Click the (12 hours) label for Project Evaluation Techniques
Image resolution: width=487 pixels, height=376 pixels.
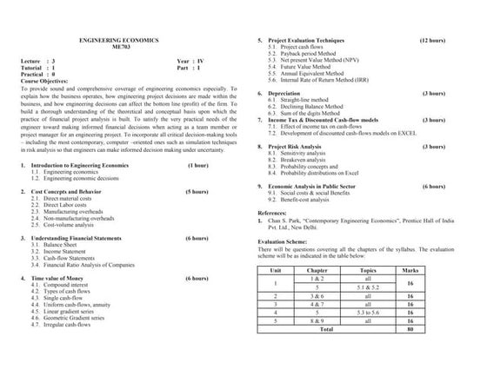point(432,41)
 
